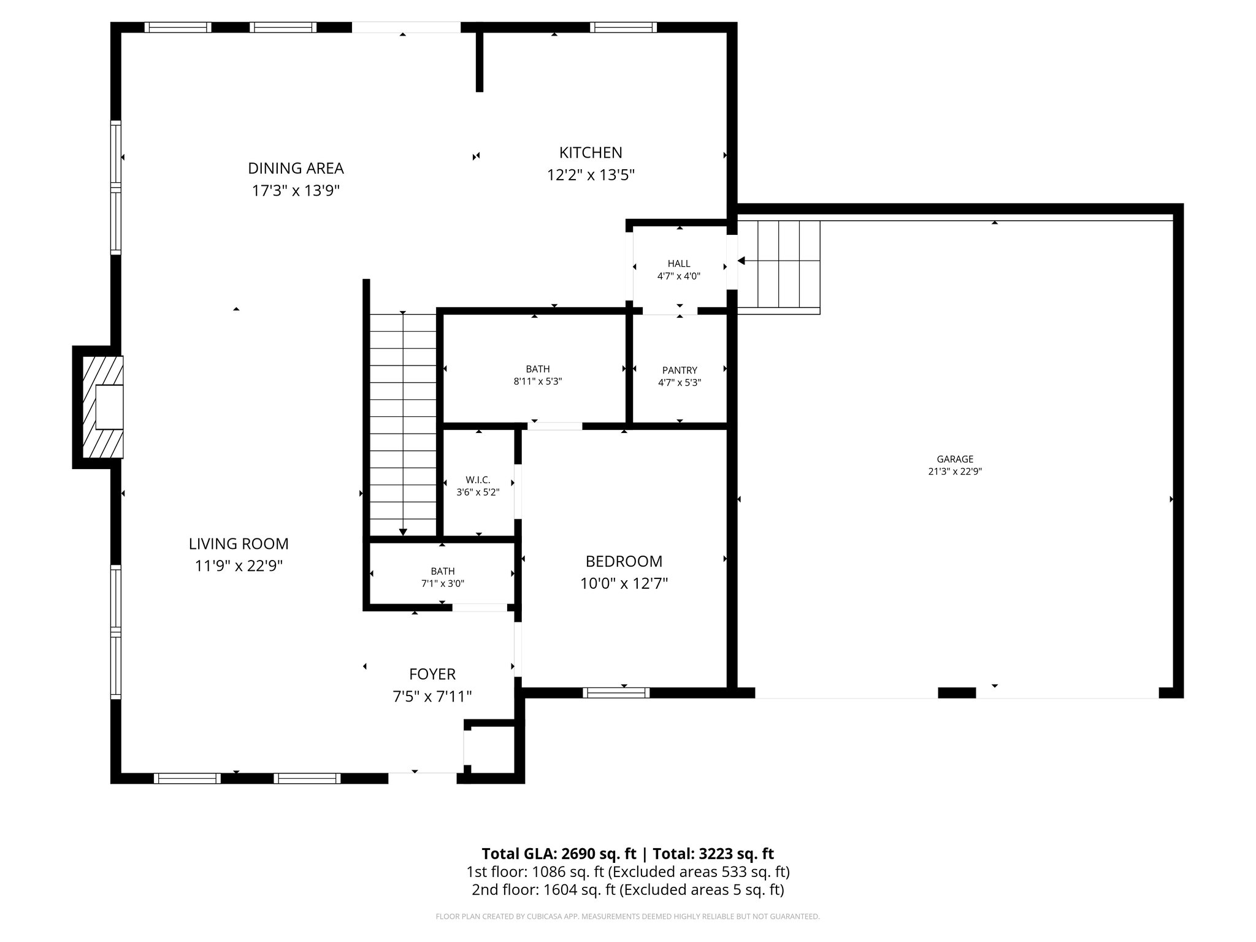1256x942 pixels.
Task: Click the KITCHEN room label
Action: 590,153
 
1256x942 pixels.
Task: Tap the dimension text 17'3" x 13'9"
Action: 296,191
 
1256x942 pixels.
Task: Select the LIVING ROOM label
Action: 239,544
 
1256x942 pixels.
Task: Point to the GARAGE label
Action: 955,459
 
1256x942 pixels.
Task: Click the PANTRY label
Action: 680,370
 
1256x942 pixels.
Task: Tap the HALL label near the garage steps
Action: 679,264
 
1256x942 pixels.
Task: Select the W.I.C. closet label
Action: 478,480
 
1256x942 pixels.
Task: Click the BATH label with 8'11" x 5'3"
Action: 537,369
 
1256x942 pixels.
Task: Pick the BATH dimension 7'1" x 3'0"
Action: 442,584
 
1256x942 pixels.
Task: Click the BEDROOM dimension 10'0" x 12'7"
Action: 624,583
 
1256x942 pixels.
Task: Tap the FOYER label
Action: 432,675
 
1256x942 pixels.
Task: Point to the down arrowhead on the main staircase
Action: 403,532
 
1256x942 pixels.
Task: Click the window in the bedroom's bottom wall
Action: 616,693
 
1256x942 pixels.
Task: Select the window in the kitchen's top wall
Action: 623,28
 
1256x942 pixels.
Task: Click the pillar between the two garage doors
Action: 957,693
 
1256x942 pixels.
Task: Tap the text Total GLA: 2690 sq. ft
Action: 559,854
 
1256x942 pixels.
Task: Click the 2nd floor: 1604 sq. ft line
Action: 627,890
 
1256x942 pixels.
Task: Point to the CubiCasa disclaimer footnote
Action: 627,917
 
